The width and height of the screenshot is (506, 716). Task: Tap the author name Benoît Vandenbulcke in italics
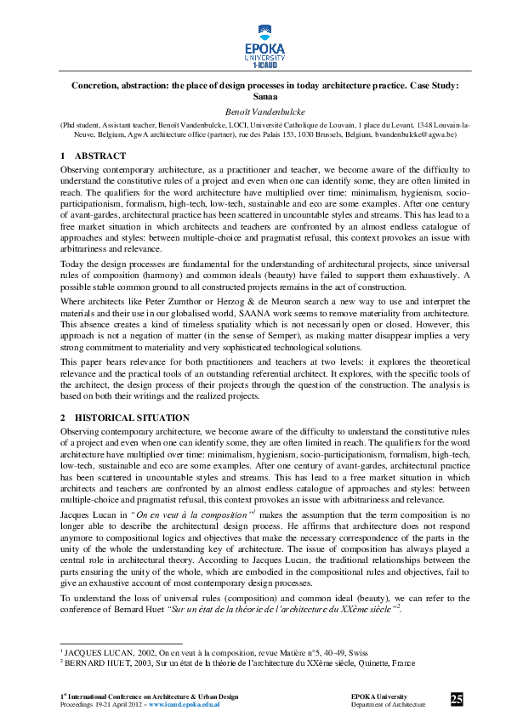coord(253,111)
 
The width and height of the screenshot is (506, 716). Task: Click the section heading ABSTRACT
coord(100,156)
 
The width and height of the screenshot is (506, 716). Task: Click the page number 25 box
coord(457,699)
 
